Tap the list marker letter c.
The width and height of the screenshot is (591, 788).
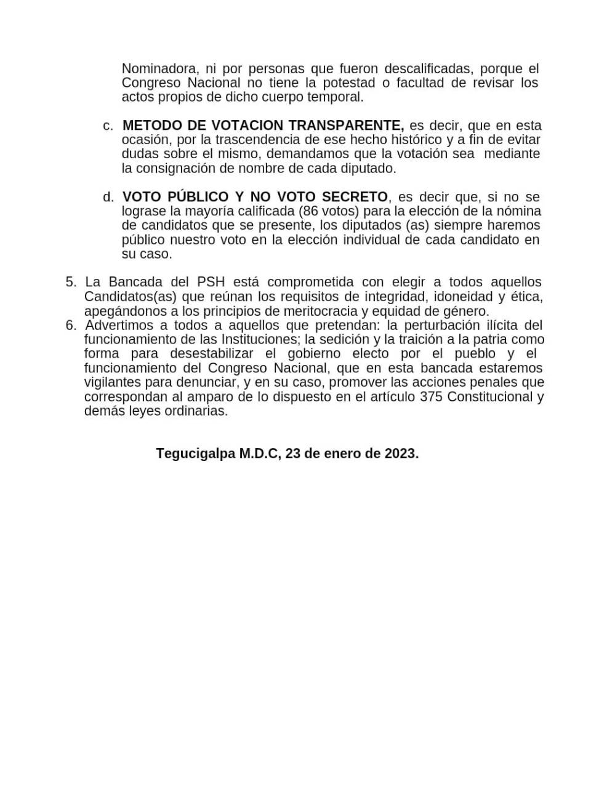[x=108, y=126]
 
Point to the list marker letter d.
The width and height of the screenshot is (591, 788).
[x=108, y=197]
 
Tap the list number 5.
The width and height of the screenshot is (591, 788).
[x=70, y=282]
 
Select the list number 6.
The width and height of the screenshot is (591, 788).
[x=70, y=325]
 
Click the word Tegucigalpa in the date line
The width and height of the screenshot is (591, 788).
[x=196, y=454]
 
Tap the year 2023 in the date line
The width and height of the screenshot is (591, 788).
[x=401, y=454]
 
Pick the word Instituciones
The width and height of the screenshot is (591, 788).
[x=257, y=339]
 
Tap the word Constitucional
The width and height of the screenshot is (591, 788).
[x=489, y=396]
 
